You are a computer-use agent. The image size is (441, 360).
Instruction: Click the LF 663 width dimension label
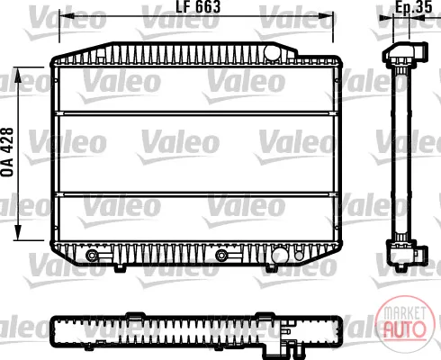point(198,6)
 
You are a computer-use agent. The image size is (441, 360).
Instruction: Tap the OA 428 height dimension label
point(7,152)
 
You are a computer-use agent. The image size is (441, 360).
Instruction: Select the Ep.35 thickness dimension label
point(414,6)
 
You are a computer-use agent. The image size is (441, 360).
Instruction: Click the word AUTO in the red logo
point(405,329)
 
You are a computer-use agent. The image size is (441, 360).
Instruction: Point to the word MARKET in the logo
point(405,313)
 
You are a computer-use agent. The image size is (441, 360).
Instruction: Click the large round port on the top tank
point(272,52)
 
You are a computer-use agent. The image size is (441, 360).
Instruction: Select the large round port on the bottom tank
point(280,256)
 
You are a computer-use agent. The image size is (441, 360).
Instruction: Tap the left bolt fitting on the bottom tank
point(92,256)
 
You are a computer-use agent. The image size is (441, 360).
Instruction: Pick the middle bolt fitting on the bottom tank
point(221,256)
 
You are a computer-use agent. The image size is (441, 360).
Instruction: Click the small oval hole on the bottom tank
point(299,255)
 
